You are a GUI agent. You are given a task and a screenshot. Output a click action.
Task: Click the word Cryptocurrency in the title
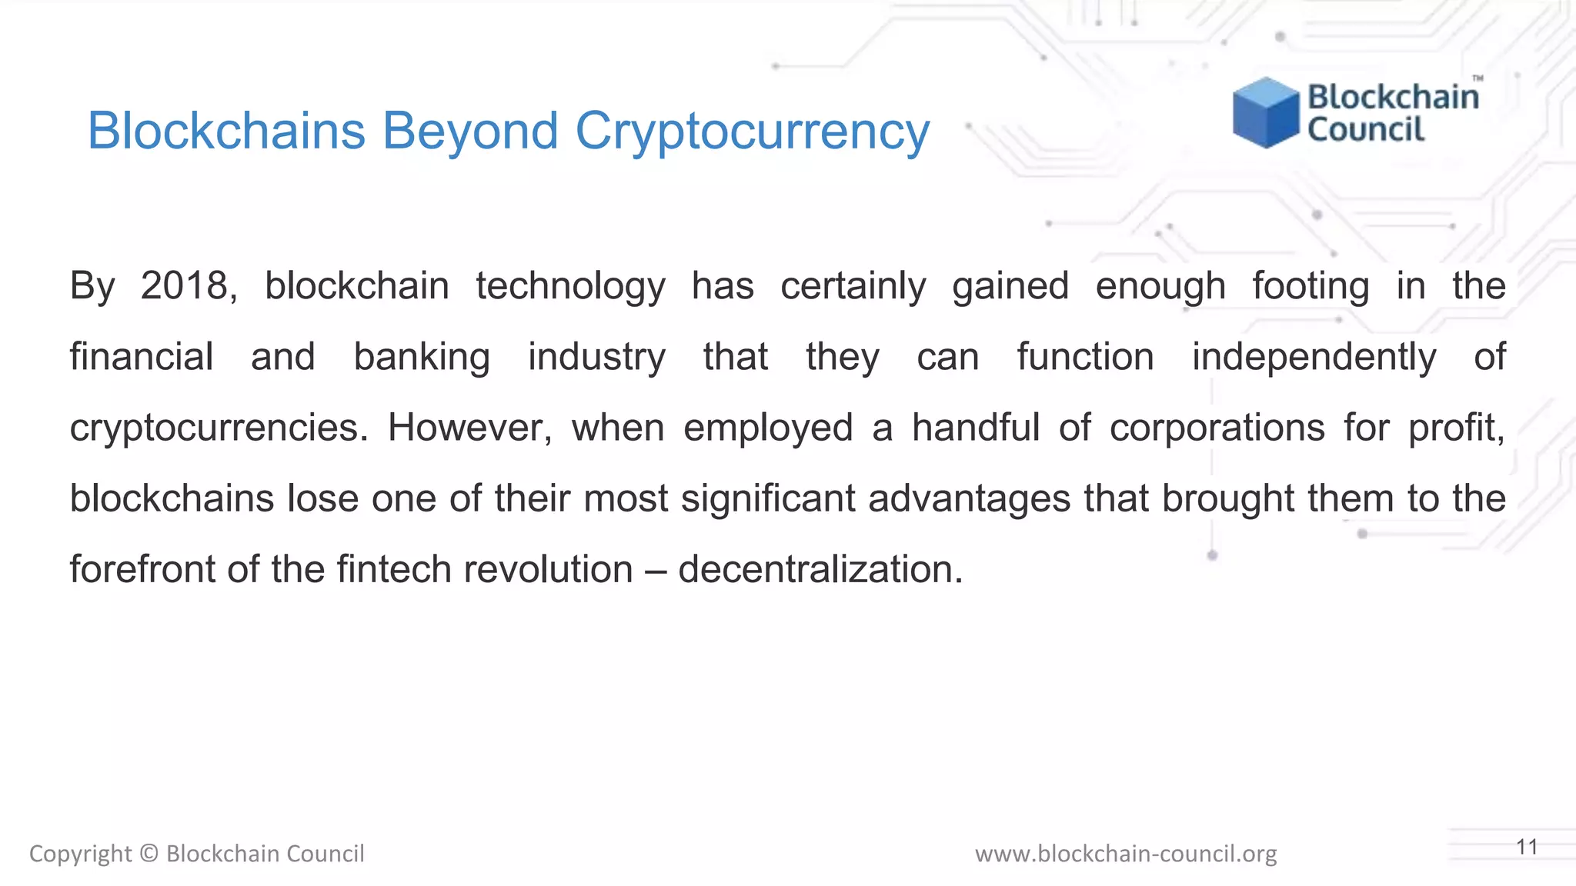tap(753, 132)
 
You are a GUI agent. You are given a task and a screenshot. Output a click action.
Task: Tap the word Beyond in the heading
tap(470, 132)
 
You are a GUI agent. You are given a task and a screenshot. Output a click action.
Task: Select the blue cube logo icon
tap(1265, 112)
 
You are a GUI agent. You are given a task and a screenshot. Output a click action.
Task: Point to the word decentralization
tap(820, 570)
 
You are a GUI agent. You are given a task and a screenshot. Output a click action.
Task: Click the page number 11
tap(1527, 848)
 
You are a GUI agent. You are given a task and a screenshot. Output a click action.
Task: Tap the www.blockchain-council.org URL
tap(1126, 854)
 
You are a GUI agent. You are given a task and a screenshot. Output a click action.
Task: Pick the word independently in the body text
tap(1314, 358)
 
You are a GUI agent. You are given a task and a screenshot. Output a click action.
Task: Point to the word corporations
tap(1217, 428)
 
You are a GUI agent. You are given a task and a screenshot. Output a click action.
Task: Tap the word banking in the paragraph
tap(422, 358)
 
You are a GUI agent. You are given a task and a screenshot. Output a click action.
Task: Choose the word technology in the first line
tap(570, 287)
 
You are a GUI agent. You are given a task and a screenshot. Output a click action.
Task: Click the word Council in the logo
tap(1366, 129)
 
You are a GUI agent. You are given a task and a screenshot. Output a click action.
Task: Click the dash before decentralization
tap(656, 571)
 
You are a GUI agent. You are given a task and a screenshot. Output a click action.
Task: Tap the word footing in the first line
tap(1311, 287)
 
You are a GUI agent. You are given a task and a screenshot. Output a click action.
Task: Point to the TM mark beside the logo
tap(1477, 78)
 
